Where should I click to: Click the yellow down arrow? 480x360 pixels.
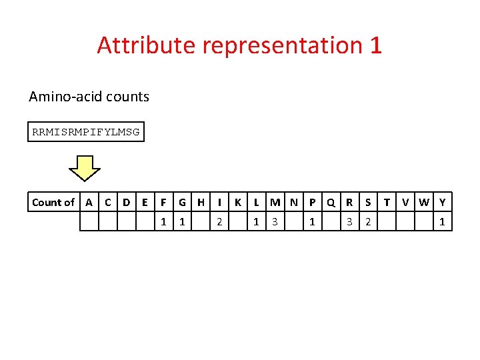[85, 168]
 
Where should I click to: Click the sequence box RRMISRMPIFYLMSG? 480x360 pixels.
[86, 132]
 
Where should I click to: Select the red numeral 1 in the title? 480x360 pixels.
[375, 45]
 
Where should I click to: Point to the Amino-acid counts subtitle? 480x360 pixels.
[89, 97]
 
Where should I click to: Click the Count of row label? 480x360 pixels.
[53, 202]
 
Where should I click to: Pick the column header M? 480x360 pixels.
[275, 202]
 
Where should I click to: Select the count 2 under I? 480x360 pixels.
[219, 221]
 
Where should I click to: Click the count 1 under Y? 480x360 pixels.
[442, 221]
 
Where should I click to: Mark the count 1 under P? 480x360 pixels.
[312, 221]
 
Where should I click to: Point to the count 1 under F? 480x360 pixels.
[164, 221]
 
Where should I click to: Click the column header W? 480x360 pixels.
[423, 202]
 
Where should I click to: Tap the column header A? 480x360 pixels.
[89, 202]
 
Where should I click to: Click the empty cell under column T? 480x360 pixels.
[387, 221]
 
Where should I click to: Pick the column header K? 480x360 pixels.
[238, 202]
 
